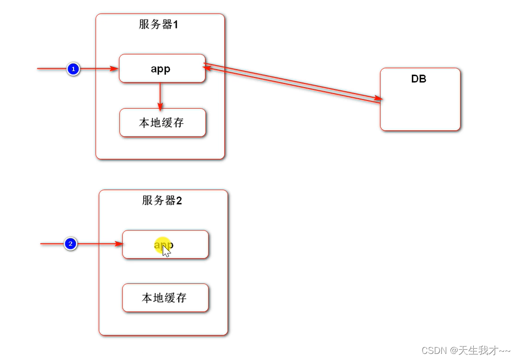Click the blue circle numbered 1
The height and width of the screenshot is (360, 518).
(x=73, y=69)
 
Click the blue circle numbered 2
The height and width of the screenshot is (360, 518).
(x=71, y=244)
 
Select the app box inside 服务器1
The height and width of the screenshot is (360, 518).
(x=162, y=69)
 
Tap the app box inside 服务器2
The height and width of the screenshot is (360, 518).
(x=165, y=244)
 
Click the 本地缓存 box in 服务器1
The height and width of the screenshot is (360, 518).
(x=163, y=123)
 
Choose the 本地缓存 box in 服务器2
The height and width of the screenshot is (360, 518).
(x=165, y=298)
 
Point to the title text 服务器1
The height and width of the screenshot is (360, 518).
(x=158, y=24)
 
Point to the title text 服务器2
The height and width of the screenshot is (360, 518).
(x=162, y=200)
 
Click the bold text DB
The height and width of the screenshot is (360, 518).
(x=418, y=79)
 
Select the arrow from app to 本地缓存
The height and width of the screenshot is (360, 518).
(x=160, y=95)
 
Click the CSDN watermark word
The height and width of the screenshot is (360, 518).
(x=433, y=350)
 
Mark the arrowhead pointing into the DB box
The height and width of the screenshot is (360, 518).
(x=378, y=98)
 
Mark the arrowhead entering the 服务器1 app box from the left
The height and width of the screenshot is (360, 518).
(x=114, y=69)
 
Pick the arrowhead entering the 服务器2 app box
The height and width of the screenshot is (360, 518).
(x=119, y=244)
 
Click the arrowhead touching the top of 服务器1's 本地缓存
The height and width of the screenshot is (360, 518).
(x=160, y=106)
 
